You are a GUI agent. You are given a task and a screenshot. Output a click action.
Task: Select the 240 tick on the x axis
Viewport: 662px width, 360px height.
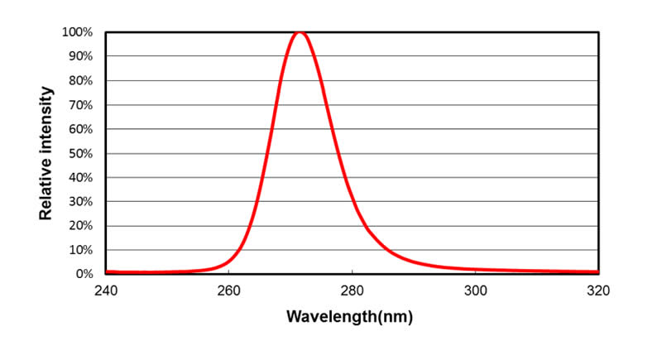pyautogui.click(x=105, y=290)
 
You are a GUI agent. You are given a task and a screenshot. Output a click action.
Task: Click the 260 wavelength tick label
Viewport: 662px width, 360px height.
pyautogui.click(x=228, y=290)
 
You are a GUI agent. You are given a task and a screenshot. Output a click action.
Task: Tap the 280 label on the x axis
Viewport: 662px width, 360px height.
pyautogui.click(x=352, y=290)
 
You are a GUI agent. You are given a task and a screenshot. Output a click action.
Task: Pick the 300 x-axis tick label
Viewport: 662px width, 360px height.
pyautogui.click(x=475, y=290)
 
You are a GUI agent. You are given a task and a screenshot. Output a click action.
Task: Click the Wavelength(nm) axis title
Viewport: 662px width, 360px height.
pyautogui.click(x=349, y=317)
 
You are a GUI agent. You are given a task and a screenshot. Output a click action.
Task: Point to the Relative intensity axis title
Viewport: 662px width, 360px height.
pyautogui.click(x=46, y=152)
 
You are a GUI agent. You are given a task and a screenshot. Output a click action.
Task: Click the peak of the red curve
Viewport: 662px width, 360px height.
pyautogui.click(x=300, y=32)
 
